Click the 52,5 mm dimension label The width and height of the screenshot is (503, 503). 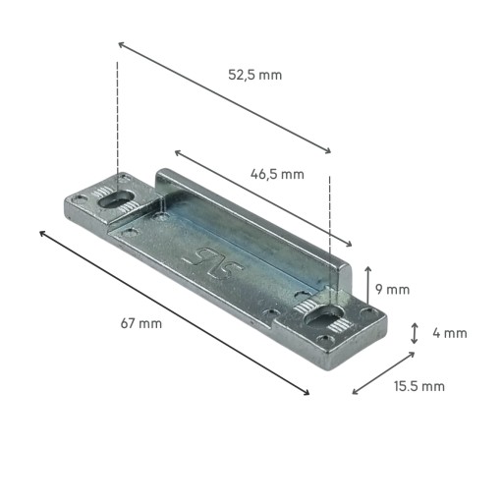point(254,75)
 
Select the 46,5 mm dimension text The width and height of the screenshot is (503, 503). point(277,174)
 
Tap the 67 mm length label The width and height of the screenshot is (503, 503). point(141,323)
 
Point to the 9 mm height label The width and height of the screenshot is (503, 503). point(392,290)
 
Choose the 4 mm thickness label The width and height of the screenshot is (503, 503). point(450,333)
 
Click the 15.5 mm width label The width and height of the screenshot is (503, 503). point(419,386)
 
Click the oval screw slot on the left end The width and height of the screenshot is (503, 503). point(116,198)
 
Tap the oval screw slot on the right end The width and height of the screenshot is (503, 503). point(323,316)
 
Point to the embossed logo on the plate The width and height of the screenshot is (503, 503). point(214,262)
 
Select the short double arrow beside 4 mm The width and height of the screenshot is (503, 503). point(415,333)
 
